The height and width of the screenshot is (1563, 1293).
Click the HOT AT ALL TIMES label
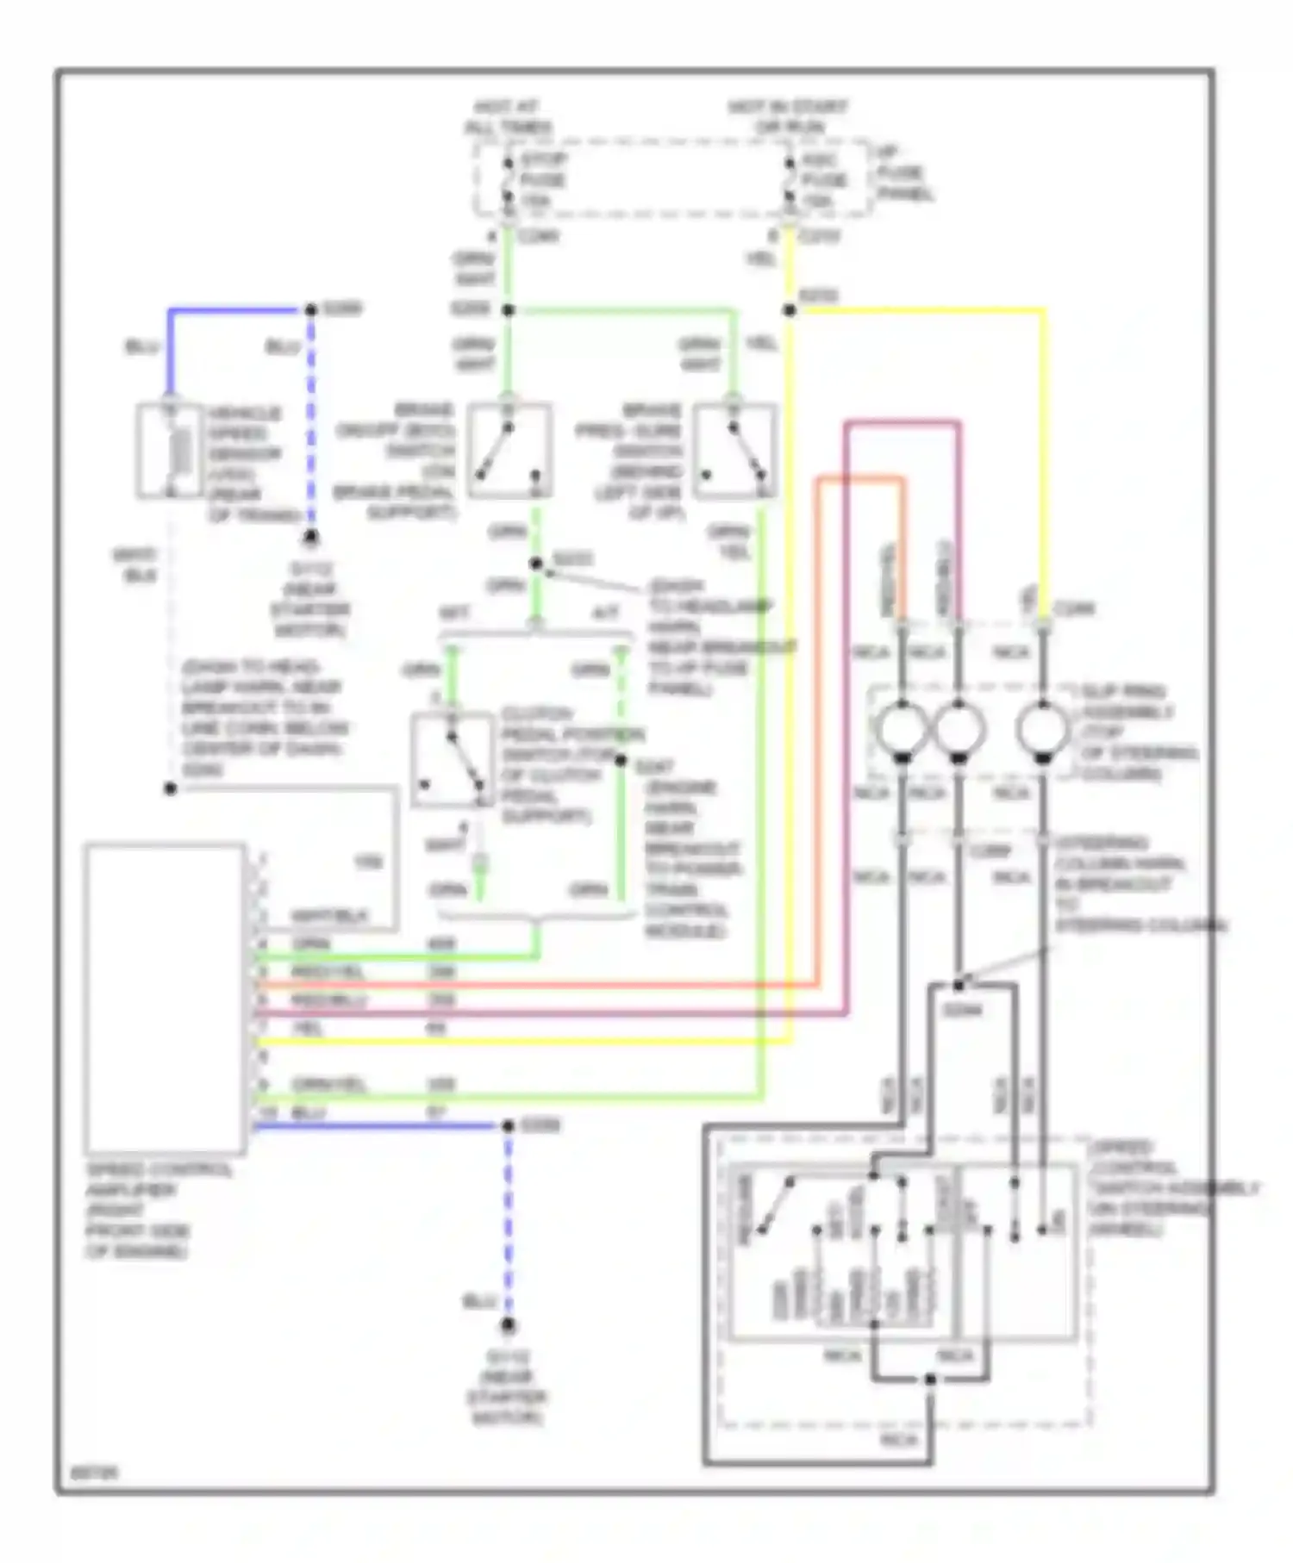(x=508, y=117)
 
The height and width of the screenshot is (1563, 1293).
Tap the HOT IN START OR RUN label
(x=788, y=116)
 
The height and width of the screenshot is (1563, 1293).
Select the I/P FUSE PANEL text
(x=904, y=174)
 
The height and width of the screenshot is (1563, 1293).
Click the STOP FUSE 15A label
(x=543, y=180)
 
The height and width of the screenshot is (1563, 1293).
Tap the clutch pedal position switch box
(x=452, y=760)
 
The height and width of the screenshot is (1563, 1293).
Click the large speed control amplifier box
(x=165, y=998)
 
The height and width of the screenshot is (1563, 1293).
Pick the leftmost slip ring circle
(x=902, y=729)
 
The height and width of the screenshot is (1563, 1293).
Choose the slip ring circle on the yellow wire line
(x=1042, y=729)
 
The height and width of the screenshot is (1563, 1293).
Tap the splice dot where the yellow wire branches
(x=790, y=309)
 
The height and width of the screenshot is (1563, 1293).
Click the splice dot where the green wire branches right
(x=509, y=309)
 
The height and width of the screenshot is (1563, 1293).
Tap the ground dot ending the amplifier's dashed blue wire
(x=509, y=1325)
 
